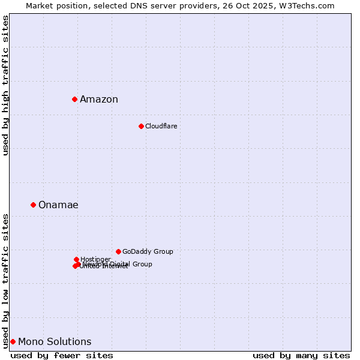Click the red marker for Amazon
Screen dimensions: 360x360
click(x=74, y=99)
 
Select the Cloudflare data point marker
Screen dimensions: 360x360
click(x=141, y=126)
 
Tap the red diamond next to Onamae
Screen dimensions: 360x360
click(x=33, y=205)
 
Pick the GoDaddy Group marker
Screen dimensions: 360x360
click(x=118, y=251)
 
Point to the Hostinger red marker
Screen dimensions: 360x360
click(x=76, y=259)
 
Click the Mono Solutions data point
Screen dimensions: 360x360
click(x=13, y=341)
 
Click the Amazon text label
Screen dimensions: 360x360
click(x=99, y=100)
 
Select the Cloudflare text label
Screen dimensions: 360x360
click(x=161, y=126)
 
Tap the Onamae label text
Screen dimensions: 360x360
click(x=58, y=205)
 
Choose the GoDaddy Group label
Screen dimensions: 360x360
click(x=148, y=252)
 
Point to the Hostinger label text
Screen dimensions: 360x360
click(x=95, y=259)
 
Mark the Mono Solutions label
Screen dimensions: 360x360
click(x=55, y=342)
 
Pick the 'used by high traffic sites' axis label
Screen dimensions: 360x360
click(x=6, y=85)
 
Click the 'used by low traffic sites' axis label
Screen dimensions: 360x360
click(x=6, y=280)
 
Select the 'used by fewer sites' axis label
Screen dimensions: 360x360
click(x=62, y=355)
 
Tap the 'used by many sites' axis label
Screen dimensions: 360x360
click(x=301, y=355)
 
